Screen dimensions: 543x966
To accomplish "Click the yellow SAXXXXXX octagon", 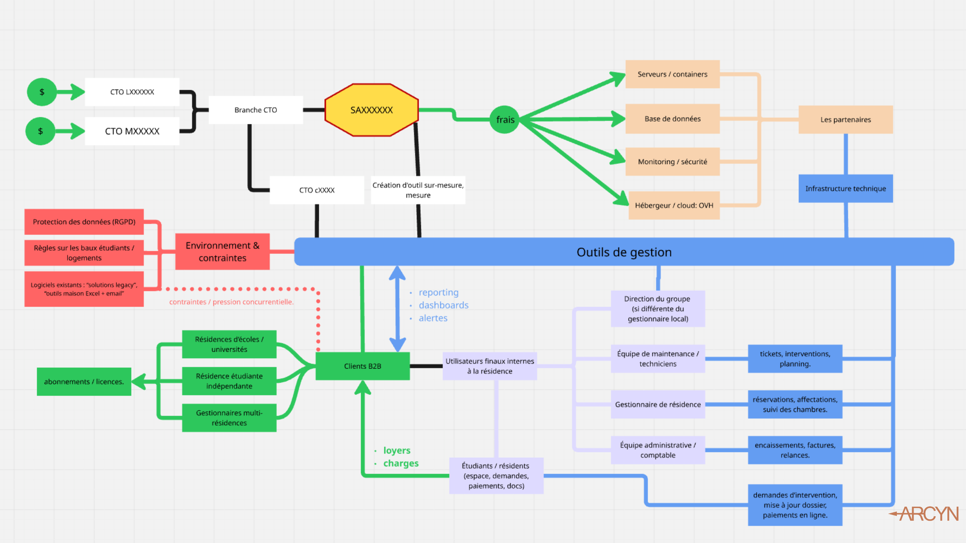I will tap(371, 110).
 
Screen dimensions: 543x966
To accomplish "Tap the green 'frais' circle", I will tap(505, 120).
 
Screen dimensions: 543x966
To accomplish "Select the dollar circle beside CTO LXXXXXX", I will tap(42, 92).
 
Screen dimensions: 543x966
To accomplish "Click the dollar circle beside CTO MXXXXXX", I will tap(40, 131).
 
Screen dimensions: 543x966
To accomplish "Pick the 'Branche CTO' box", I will tap(255, 110).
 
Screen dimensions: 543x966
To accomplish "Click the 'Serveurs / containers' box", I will tap(672, 74).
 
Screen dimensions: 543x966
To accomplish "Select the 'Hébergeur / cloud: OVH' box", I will tap(674, 205).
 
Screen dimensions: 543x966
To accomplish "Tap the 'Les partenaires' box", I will tap(845, 120).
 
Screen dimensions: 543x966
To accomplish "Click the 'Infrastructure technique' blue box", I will tap(845, 189).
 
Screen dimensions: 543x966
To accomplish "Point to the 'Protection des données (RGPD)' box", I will tap(84, 222).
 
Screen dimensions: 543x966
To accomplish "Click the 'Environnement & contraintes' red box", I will tap(223, 251).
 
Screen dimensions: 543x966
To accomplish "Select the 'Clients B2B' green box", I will tap(362, 366).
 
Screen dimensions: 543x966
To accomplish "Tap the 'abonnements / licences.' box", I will tap(84, 382).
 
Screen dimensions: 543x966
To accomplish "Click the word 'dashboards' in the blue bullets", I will tap(443, 305).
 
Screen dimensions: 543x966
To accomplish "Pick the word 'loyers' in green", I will tap(396, 450).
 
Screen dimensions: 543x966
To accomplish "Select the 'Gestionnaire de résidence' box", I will tap(657, 404).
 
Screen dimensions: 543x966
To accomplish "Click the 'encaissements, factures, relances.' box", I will tap(795, 450).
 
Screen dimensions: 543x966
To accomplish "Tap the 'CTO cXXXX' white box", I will tap(317, 190).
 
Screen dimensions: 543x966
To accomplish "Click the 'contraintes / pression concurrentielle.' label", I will tap(231, 302).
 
